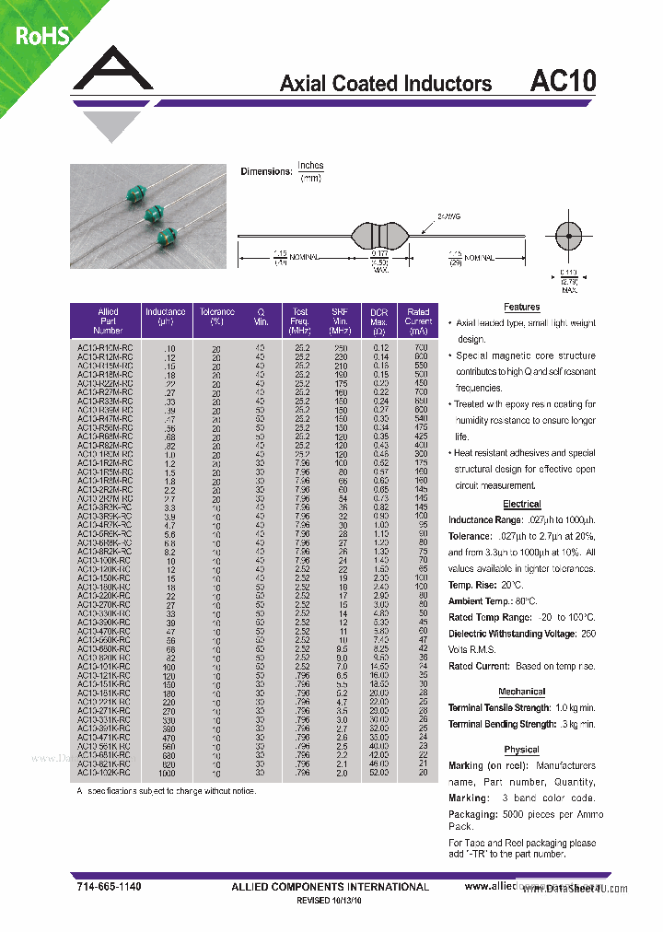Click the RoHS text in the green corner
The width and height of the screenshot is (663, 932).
pyautogui.click(x=41, y=36)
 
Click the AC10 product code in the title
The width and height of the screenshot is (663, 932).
pyautogui.click(x=563, y=81)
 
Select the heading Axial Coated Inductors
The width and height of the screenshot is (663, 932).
pyautogui.click(x=385, y=84)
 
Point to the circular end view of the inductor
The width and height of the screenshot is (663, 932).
pyautogui.click(x=568, y=237)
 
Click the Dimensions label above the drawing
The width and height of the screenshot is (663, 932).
pyautogui.click(x=265, y=171)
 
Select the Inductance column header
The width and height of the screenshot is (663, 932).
pyautogui.click(x=166, y=317)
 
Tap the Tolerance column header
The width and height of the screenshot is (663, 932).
pyautogui.click(x=217, y=317)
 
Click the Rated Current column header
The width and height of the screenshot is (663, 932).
pyautogui.click(x=418, y=320)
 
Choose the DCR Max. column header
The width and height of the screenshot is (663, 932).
pyautogui.click(x=378, y=320)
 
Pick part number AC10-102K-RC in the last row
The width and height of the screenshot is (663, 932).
pyautogui.click(x=105, y=773)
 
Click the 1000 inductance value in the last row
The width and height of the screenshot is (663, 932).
pyautogui.click(x=166, y=773)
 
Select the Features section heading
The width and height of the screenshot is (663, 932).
pyautogui.click(x=521, y=308)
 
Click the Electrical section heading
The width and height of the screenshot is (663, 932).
pyautogui.click(x=521, y=505)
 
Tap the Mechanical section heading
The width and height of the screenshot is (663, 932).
pyautogui.click(x=521, y=692)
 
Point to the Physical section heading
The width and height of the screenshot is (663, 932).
pyautogui.click(x=521, y=750)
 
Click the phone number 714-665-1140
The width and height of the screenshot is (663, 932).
pyautogui.click(x=109, y=886)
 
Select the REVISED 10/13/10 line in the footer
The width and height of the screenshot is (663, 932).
pyautogui.click(x=330, y=902)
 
